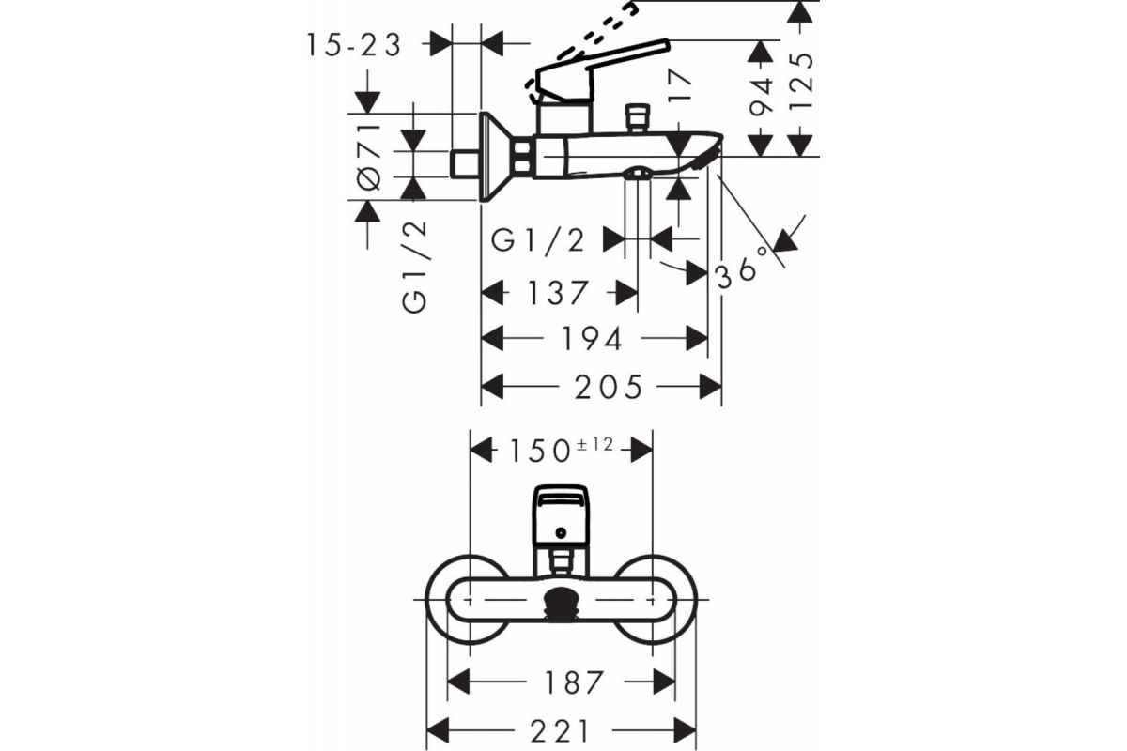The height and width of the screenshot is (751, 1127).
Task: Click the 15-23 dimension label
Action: point(354,45)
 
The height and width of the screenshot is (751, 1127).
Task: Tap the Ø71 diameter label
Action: point(369,157)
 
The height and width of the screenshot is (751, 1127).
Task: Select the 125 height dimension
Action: point(800,81)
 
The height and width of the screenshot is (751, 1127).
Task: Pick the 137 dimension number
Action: point(558,293)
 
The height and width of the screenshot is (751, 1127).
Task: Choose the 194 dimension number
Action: point(593,339)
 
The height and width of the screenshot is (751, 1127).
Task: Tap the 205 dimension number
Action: point(609,388)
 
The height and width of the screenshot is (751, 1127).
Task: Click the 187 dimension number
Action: point(573,682)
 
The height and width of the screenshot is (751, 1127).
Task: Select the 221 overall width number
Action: point(560,731)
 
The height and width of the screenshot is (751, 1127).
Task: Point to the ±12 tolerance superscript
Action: point(595,445)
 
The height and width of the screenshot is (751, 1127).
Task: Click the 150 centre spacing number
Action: point(539,451)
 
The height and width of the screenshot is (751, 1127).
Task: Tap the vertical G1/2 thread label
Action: point(415,268)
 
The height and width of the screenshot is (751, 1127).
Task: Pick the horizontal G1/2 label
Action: point(537,240)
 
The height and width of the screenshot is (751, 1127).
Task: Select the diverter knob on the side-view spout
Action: point(636,118)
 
